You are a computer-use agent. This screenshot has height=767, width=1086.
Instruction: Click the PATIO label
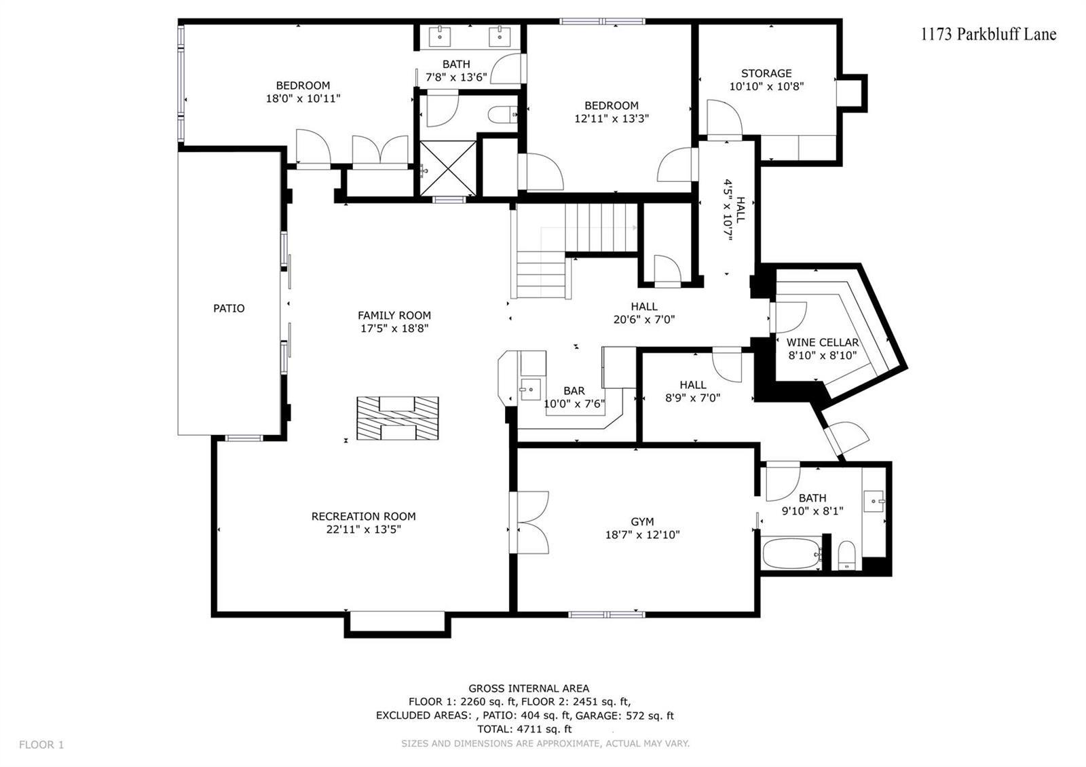[229, 308]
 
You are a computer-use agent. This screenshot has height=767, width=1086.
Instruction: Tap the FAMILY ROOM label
[394, 315]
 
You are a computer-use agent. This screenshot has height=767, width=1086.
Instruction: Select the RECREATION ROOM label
[364, 517]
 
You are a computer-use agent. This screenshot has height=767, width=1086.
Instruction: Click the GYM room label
[642, 522]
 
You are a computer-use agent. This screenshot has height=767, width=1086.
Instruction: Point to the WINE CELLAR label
[822, 342]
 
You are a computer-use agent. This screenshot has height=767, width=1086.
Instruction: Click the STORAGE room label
[766, 73]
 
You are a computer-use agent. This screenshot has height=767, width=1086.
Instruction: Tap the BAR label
[574, 391]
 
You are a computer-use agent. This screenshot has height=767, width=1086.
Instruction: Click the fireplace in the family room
[398, 418]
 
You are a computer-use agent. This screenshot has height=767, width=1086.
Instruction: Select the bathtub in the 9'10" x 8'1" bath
[791, 553]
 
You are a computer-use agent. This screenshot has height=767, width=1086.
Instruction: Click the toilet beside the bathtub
[847, 556]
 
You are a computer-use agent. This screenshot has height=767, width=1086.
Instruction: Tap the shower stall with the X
[448, 169]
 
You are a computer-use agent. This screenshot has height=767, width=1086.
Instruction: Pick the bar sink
[530, 390]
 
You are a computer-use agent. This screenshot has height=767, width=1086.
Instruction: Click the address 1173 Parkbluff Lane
[988, 35]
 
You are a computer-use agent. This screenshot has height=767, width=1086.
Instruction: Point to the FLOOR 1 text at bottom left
[41, 745]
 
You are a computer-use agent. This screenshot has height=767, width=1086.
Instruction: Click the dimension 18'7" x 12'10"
[642, 535]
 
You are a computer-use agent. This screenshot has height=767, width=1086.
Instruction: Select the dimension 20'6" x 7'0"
[644, 320]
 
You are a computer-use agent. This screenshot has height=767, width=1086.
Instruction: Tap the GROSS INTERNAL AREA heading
[529, 688]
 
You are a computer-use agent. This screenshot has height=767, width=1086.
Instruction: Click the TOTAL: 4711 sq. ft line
[524, 729]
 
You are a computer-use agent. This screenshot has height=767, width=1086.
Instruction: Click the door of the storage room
[724, 119]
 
